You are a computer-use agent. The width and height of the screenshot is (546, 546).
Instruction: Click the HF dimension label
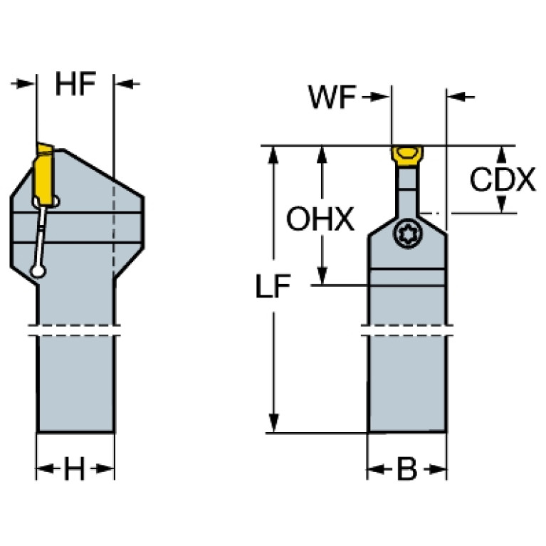(x=75, y=84)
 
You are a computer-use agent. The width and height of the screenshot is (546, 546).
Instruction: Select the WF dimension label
(x=332, y=97)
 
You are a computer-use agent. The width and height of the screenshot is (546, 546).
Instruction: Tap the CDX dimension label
(x=503, y=179)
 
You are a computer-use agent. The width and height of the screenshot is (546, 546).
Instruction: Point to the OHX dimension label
(x=320, y=219)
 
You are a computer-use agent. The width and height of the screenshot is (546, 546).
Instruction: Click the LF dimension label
(x=273, y=286)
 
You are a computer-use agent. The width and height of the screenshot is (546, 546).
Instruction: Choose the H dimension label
(x=75, y=468)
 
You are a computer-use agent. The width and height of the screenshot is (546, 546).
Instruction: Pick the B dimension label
(x=406, y=468)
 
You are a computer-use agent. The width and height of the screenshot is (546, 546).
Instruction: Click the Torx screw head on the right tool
(x=407, y=233)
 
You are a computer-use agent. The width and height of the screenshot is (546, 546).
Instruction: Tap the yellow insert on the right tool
(x=406, y=155)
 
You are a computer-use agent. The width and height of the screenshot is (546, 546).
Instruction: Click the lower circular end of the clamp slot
(x=38, y=271)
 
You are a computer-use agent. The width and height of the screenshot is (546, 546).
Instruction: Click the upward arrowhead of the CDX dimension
(x=501, y=154)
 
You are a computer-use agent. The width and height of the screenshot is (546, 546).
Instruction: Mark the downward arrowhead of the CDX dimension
(x=501, y=204)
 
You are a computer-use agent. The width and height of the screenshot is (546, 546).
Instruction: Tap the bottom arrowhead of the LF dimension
(x=274, y=423)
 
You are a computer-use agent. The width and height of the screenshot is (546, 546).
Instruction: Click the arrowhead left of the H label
(x=46, y=468)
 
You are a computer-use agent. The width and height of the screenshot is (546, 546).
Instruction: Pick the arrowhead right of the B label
(x=438, y=469)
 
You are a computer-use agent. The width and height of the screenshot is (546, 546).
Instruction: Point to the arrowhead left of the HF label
(x=26, y=83)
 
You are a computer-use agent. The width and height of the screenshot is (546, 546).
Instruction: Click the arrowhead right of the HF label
(x=125, y=83)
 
